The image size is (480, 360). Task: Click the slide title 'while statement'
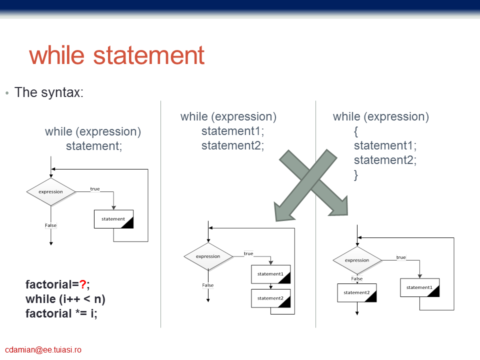click(x=116, y=55)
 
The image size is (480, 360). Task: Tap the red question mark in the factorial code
click(x=82, y=284)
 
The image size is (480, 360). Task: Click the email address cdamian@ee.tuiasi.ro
click(x=43, y=349)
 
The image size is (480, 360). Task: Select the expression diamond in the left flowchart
click(x=51, y=192)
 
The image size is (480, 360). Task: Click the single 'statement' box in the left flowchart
click(x=113, y=219)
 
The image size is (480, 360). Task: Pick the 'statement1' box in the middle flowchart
click(x=270, y=274)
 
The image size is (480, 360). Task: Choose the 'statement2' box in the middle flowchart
click(x=270, y=298)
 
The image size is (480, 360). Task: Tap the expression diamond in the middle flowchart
click(x=208, y=256)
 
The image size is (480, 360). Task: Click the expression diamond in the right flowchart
click(x=357, y=260)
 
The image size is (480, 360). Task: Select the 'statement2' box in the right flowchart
click(x=357, y=292)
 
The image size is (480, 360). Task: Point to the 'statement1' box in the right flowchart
click(x=419, y=287)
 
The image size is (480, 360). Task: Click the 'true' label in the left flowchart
click(x=95, y=189)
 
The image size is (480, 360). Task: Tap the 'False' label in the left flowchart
click(x=51, y=225)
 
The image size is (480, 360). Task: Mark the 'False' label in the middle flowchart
click(x=208, y=285)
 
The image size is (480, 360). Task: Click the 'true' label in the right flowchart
click(x=401, y=257)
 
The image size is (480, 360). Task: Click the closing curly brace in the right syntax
click(x=355, y=175)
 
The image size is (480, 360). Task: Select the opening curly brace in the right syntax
click(x=355, y=131)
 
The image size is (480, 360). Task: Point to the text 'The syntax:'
click(x=49, y=92)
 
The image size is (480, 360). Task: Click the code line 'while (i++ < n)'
click(x=65, y=299)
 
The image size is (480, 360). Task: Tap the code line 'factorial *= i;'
click(x=61, y=313)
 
